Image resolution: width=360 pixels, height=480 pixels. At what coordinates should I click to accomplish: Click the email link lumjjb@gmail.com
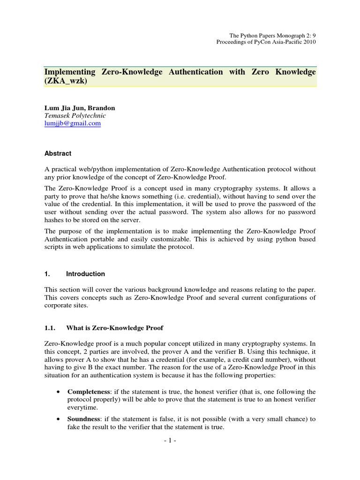[72, 123]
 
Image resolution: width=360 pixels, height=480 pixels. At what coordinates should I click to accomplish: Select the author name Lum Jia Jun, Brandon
[79, 108]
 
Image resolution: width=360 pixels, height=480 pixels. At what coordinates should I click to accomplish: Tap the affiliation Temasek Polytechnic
[75, 115]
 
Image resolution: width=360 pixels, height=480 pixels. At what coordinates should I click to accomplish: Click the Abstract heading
[58, 153]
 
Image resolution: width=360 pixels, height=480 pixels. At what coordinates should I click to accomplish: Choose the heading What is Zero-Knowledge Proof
[115, 327]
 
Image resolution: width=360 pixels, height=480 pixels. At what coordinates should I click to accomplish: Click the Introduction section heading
[85, 274]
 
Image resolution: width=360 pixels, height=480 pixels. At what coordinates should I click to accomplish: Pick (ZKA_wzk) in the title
[66, 81]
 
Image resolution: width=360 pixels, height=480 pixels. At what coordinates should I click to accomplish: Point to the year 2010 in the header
[308, 42]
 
